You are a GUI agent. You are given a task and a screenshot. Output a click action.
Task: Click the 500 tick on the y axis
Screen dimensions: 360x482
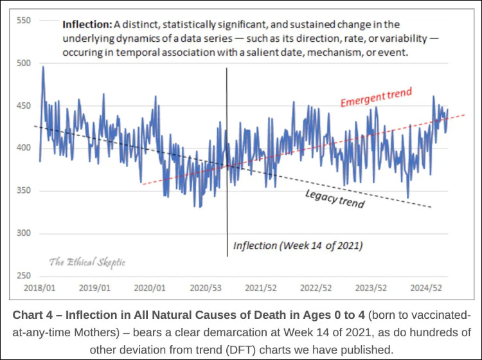coord(23,63)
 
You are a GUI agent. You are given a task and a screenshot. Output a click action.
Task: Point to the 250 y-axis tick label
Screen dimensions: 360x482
coord(23,276)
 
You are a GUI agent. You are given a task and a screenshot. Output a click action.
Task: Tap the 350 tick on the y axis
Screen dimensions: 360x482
coord(23,191)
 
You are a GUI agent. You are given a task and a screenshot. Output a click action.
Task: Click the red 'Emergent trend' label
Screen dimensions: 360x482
coord(376,98)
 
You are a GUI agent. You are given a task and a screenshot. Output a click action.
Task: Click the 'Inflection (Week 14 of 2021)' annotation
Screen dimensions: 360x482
coord(298,245)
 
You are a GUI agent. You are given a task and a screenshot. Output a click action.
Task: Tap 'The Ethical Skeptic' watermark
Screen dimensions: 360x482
coord(87,262)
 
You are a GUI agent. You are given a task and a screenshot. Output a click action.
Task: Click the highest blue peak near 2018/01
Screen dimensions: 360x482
coord(43,67)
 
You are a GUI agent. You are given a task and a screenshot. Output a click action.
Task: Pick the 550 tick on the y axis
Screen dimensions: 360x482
coord(23,21)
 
